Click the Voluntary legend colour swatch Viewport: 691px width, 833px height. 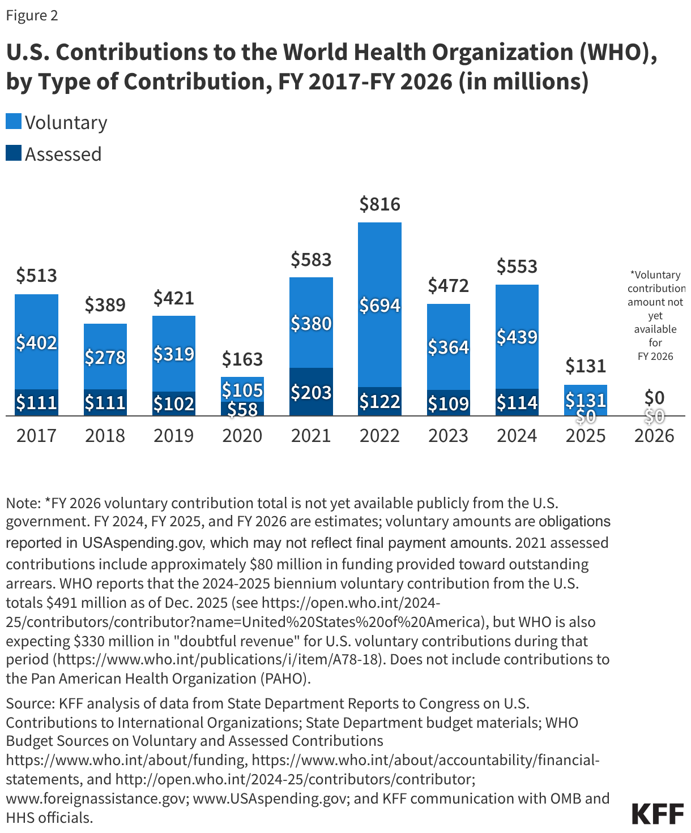(14, 122)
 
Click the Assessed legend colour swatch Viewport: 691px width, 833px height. (14, 153)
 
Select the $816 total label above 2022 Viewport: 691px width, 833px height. (379, 204)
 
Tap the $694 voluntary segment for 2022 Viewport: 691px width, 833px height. (379, 305)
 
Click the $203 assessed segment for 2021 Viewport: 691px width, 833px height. (311, 392)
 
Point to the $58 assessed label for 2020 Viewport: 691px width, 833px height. (242, 409)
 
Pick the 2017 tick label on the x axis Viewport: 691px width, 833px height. (36, 435)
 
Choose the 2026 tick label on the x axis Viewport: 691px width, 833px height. (654, 435)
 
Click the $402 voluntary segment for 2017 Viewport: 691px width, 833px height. (36, 342)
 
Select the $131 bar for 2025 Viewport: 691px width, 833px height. (586, 400)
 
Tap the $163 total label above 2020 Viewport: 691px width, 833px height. (242, 359)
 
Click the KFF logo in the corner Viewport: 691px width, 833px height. (657, 814)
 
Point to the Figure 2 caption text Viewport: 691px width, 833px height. (32, 15)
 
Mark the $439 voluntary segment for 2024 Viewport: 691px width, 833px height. (517, 337)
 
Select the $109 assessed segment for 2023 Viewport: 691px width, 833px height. (448, 403)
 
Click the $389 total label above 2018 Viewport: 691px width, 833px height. (105, 305)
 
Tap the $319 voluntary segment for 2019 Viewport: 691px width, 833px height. (174, 354)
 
